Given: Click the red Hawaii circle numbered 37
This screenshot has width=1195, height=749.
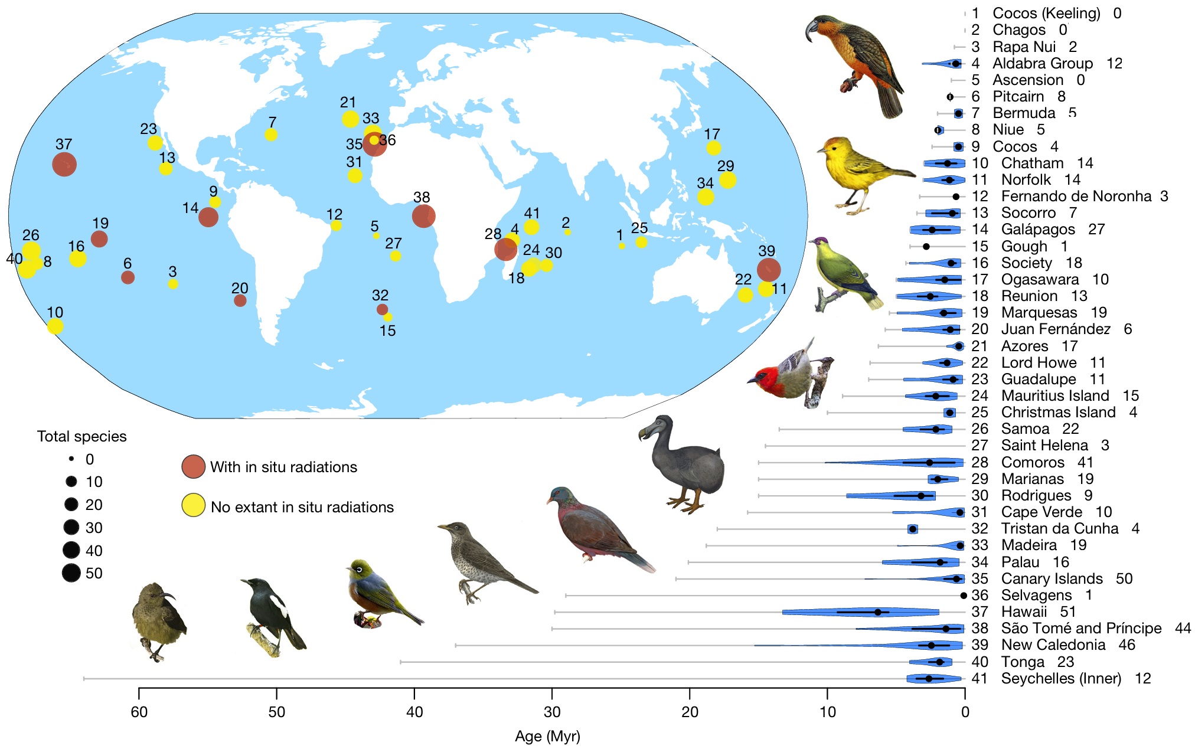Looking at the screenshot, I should (x=64, y=164).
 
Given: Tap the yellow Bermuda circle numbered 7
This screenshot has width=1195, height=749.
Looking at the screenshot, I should (x=271, y=135).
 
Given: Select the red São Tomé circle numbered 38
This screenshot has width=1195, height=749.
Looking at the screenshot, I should (x=423, y=216).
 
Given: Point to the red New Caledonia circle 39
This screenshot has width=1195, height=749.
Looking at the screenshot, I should (x=768, y=270).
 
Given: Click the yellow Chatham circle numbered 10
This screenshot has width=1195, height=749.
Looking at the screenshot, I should (x=55, y=326).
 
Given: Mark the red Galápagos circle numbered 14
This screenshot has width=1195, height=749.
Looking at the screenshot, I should (x=208, y=217).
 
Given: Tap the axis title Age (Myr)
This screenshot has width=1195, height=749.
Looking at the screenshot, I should (x=547, y=736).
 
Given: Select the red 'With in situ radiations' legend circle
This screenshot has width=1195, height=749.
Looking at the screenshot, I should (x=194, y=466).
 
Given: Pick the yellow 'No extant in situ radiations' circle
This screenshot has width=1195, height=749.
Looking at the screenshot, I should (x=194, y=505).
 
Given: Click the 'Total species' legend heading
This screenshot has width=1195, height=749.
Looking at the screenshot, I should (x=81, y=436).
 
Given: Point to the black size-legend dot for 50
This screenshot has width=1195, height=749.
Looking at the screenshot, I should (x=71, y=573).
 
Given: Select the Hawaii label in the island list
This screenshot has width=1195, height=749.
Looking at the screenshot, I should (x=1024, y=611).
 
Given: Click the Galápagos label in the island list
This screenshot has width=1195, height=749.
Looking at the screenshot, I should (x=1038, y=229).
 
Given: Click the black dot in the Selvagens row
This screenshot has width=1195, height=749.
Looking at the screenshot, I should (x=964, y=596).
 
